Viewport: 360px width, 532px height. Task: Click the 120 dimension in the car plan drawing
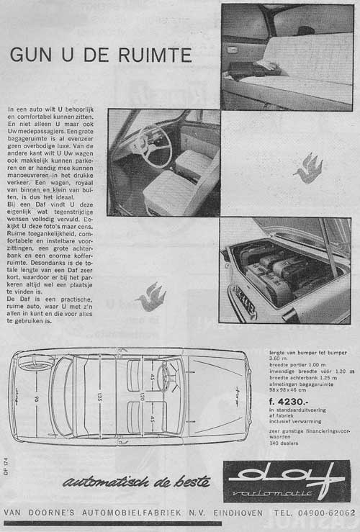[x=143, y=397]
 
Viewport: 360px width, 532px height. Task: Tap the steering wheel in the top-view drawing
[x=169, y=377]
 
